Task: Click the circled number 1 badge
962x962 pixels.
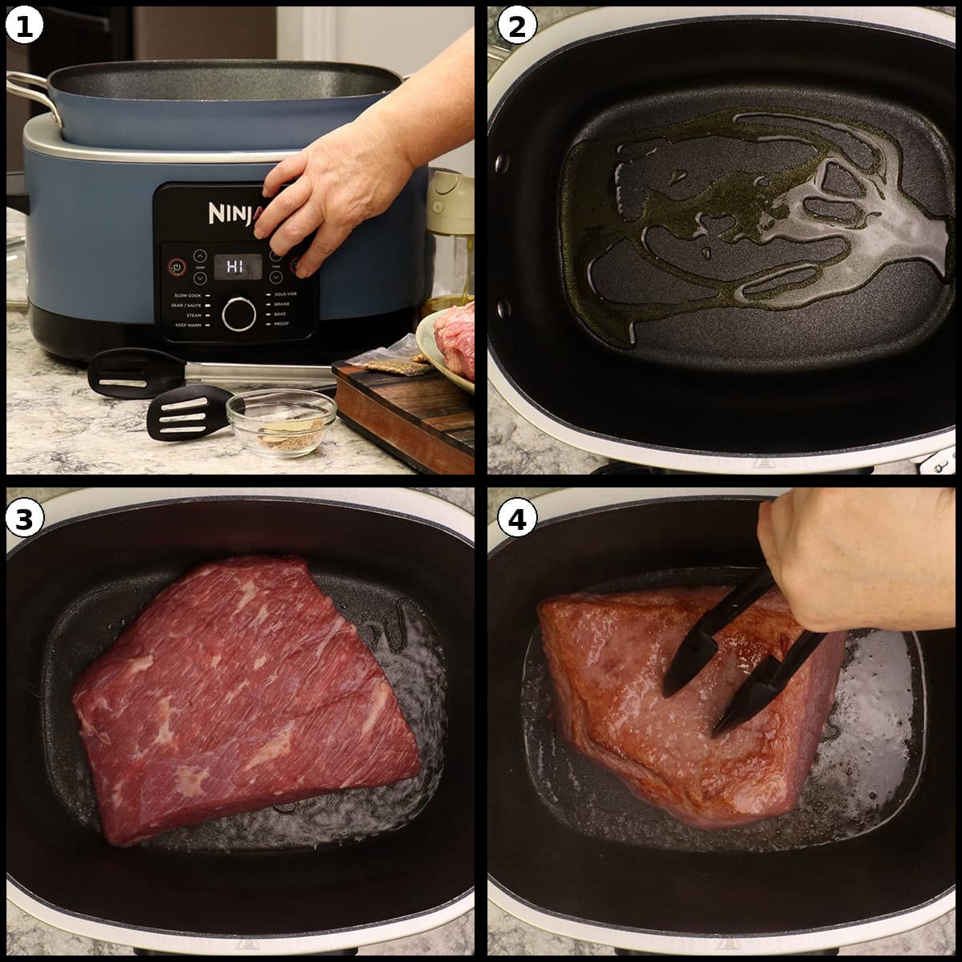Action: coord(23,26)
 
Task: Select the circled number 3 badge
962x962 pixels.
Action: coord(23,519)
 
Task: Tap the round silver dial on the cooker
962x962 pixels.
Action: coord(239,313)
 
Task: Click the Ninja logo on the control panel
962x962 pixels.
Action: coord(232,213)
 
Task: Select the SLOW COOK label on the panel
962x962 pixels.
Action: coord(188,296)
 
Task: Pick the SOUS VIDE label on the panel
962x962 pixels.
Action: coord(286,295)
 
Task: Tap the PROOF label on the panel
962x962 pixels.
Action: coord(281,325)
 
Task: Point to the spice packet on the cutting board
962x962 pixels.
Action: coord(386,363)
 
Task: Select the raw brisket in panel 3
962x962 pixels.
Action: coord(240,697)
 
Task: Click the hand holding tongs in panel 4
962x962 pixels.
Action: coord(850,561)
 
